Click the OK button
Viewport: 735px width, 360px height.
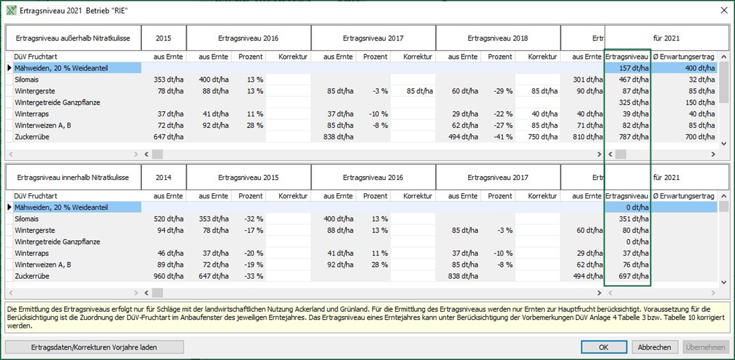pyautogui.click(x=604, y=347)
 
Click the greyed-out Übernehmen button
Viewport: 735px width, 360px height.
pyautogui.click(x=706, y=347)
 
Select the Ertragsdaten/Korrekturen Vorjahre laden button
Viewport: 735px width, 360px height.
pyautogui.click(x=94, y=347)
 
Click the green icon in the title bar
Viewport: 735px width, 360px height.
pyautogui.click(x=11, y=10)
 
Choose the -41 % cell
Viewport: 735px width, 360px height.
pyautogui.click(x=500, y=136)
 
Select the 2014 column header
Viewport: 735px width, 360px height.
pyautogui.click(x=163, y=177)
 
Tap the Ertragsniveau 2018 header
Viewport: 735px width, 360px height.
pyautogui.click(x=498, y=38)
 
